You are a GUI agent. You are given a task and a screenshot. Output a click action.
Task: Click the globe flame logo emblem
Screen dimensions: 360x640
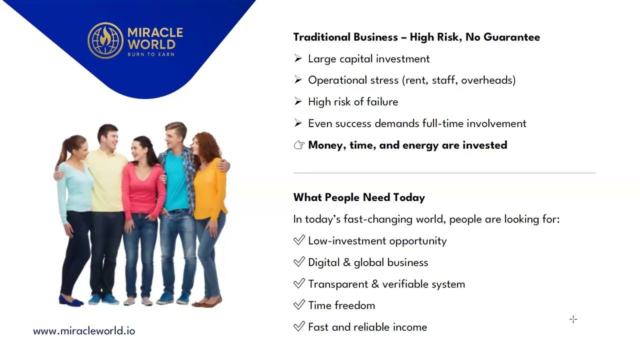click(105, 40)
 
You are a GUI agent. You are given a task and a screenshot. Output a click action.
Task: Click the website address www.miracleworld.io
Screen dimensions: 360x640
click(84, 331)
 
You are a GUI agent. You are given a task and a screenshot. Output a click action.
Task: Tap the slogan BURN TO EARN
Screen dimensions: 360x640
click(151, 54)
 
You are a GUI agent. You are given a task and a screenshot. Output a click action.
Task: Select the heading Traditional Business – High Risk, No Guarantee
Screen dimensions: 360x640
click(416, 37)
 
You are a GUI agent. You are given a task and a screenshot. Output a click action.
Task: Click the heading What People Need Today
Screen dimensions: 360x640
click(359, 197)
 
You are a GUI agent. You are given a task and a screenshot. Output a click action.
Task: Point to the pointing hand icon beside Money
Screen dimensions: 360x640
click(299, 145)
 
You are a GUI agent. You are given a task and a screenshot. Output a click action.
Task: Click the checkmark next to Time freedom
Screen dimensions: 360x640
click(299, 305)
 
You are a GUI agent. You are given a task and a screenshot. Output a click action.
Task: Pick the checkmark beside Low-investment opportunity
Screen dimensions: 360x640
click(299, 240)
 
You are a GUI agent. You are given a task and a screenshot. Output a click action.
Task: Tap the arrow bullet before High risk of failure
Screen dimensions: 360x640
click(298, 102)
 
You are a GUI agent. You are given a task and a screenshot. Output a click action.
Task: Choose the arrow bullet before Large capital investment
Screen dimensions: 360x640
click(298, 59)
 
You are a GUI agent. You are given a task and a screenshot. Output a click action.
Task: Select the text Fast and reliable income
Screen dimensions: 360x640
click(367, 327)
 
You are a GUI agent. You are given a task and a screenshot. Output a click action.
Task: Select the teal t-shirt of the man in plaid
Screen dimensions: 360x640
click(176, 180)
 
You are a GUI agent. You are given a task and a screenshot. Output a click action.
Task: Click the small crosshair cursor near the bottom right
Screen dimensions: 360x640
click(573, 319)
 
